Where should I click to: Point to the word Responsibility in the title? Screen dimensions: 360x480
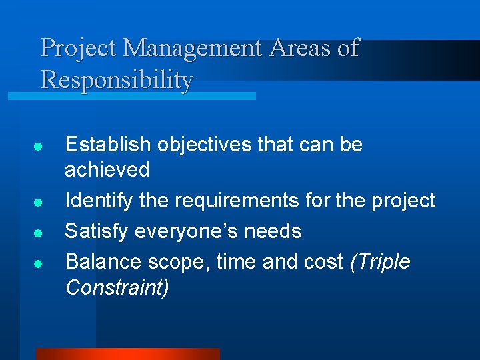click(117, 80)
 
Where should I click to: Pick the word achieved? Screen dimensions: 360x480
click(107, 169)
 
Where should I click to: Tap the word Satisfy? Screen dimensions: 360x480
click(97, 231)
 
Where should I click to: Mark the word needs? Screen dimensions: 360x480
click(274, 231)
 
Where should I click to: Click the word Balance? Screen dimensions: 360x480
click(103, 262)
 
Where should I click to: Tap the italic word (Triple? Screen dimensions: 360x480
click(380, 262)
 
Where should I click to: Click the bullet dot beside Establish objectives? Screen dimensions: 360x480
click(39, 146)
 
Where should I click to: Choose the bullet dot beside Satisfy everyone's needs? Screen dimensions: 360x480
click(39, 233)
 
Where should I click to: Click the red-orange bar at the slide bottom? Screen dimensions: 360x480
click(127, 354)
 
